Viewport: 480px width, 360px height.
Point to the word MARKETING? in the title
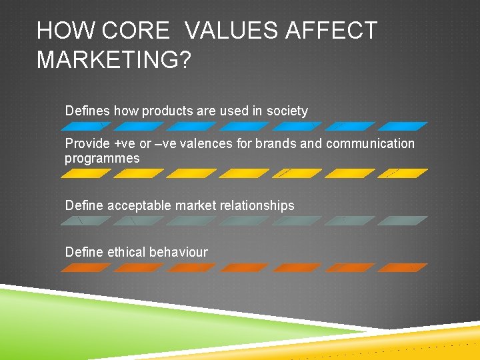click(113, 60)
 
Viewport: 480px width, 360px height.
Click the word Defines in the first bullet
click(87, 111)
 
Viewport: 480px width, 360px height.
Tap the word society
click(287, 111)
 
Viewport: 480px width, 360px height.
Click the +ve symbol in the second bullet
click(123, 144)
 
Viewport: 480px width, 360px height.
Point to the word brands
click(279, 144)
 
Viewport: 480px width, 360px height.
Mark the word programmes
click(102, 159)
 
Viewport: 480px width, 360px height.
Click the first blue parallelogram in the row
click(87, 125)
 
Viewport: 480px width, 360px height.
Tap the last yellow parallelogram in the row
click(403, 173)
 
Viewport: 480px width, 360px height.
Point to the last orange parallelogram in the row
click(403, 267)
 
